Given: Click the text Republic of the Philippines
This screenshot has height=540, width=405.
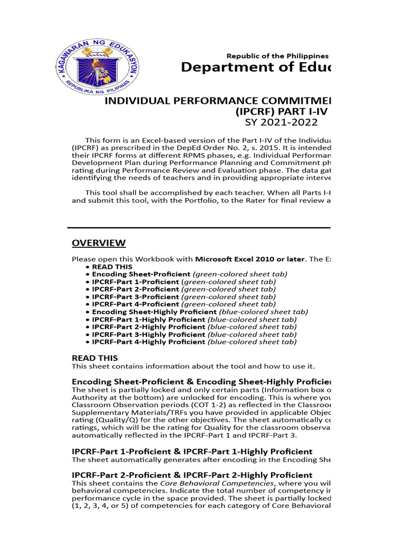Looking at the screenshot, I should [x=277, y=56].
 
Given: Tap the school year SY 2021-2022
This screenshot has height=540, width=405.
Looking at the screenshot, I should [x=281, y=122].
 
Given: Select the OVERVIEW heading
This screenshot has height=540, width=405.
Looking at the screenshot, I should [x=99, y=243].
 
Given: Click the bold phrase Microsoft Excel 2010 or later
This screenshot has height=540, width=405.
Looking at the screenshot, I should [x=250, y=259].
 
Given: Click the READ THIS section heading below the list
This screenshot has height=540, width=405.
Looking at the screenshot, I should [x=95, y=358].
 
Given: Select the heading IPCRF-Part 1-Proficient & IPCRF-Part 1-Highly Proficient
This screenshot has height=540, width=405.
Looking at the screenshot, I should [x=192, y=452].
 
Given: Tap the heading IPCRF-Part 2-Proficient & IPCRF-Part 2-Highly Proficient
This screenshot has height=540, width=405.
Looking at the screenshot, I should [x=192, y=475].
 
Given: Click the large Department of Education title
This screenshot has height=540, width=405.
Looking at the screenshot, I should [x=255, y=67].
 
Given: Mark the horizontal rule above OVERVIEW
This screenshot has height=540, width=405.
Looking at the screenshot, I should [x=199, y=228].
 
